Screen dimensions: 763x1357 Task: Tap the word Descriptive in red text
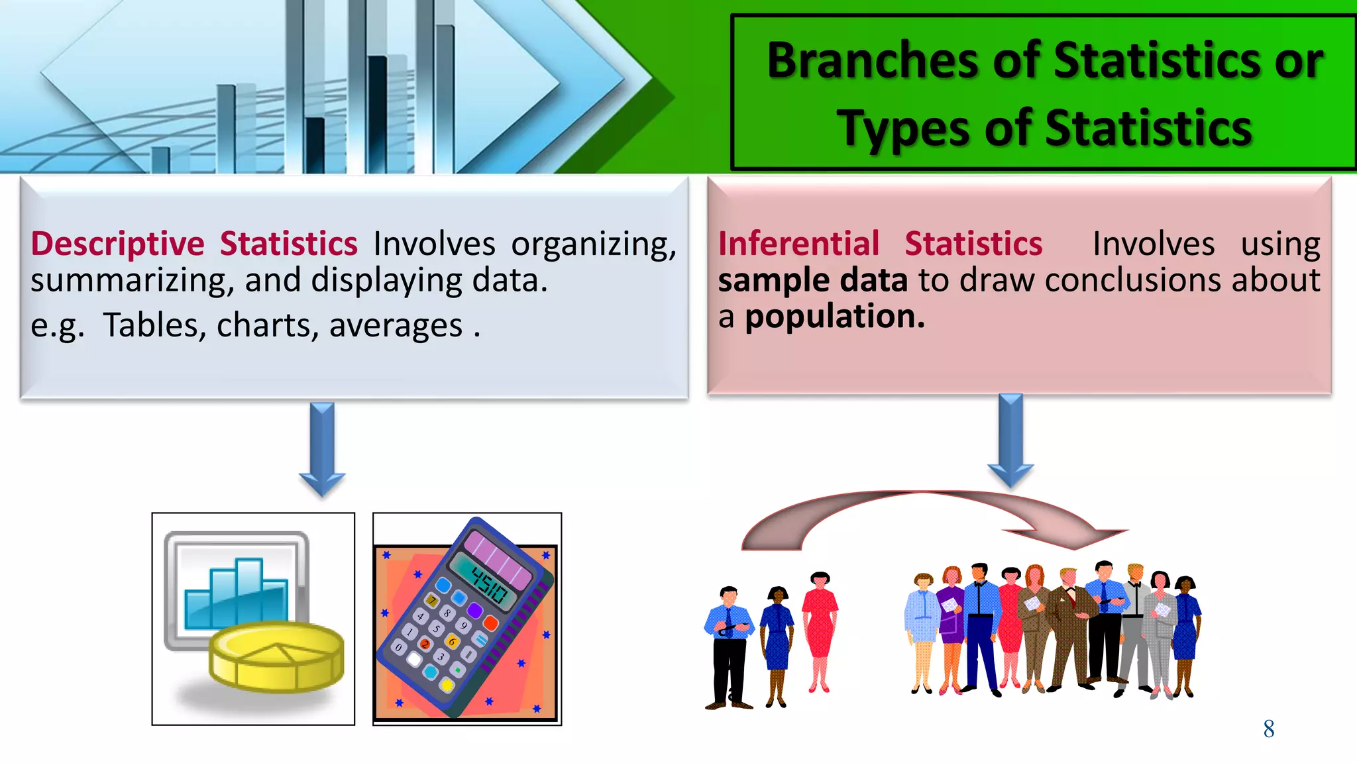point(117,244)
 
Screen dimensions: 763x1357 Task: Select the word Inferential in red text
point(798,244)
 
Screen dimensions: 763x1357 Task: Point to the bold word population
point(834,317)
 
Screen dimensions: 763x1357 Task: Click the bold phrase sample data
point(812,280)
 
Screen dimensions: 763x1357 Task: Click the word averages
point(396,326)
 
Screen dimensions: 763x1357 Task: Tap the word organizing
point(593,244)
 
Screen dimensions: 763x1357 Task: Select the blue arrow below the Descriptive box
point(322,448)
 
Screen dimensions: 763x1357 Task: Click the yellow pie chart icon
point(277,656)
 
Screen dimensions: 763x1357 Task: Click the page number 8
point(1268,729)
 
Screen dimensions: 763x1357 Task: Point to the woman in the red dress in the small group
point(820,629)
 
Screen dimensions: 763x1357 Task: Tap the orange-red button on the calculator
point(490,623)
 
